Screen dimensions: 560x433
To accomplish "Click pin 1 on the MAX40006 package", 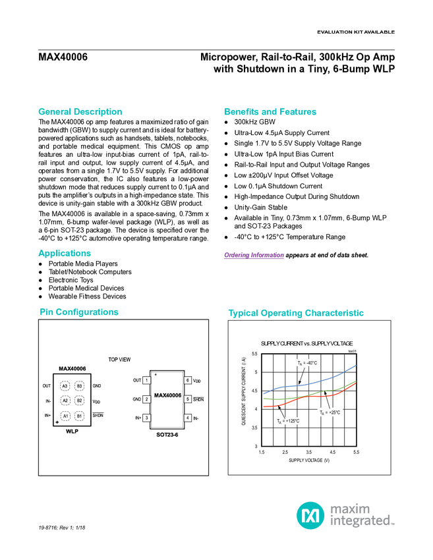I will click(x=146, y=380).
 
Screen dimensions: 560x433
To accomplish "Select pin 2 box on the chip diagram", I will click(x=146, y=399).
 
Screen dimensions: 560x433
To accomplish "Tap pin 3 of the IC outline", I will click(x=146, y=418).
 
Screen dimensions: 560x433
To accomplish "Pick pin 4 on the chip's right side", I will click(x=188, y=418).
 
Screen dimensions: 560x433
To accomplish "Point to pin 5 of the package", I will click(x=188, y=399).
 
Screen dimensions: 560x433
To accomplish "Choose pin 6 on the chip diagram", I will click(x=188, y=380).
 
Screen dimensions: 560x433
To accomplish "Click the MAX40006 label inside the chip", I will click(x=167, y=395).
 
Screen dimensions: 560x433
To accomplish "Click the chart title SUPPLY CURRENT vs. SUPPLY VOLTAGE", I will click(x=306, y=343).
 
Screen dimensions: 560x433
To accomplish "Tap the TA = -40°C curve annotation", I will click(x=306, y=363).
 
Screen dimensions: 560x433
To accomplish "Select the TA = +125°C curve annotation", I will click(x=288, y=421).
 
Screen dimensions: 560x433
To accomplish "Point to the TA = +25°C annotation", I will click(x=330, y=412).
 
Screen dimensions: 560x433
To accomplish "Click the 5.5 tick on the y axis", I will click(x=255, y=354).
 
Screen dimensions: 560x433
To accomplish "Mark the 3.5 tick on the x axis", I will click(x=308, y=452).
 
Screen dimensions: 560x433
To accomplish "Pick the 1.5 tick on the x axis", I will click(x=262, y=452).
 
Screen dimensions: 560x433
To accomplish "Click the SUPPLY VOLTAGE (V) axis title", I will click(x=308, y=461).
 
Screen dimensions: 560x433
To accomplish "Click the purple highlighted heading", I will click(x=254, y=256).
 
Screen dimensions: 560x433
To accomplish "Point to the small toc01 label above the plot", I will click(x=351, y=351).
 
